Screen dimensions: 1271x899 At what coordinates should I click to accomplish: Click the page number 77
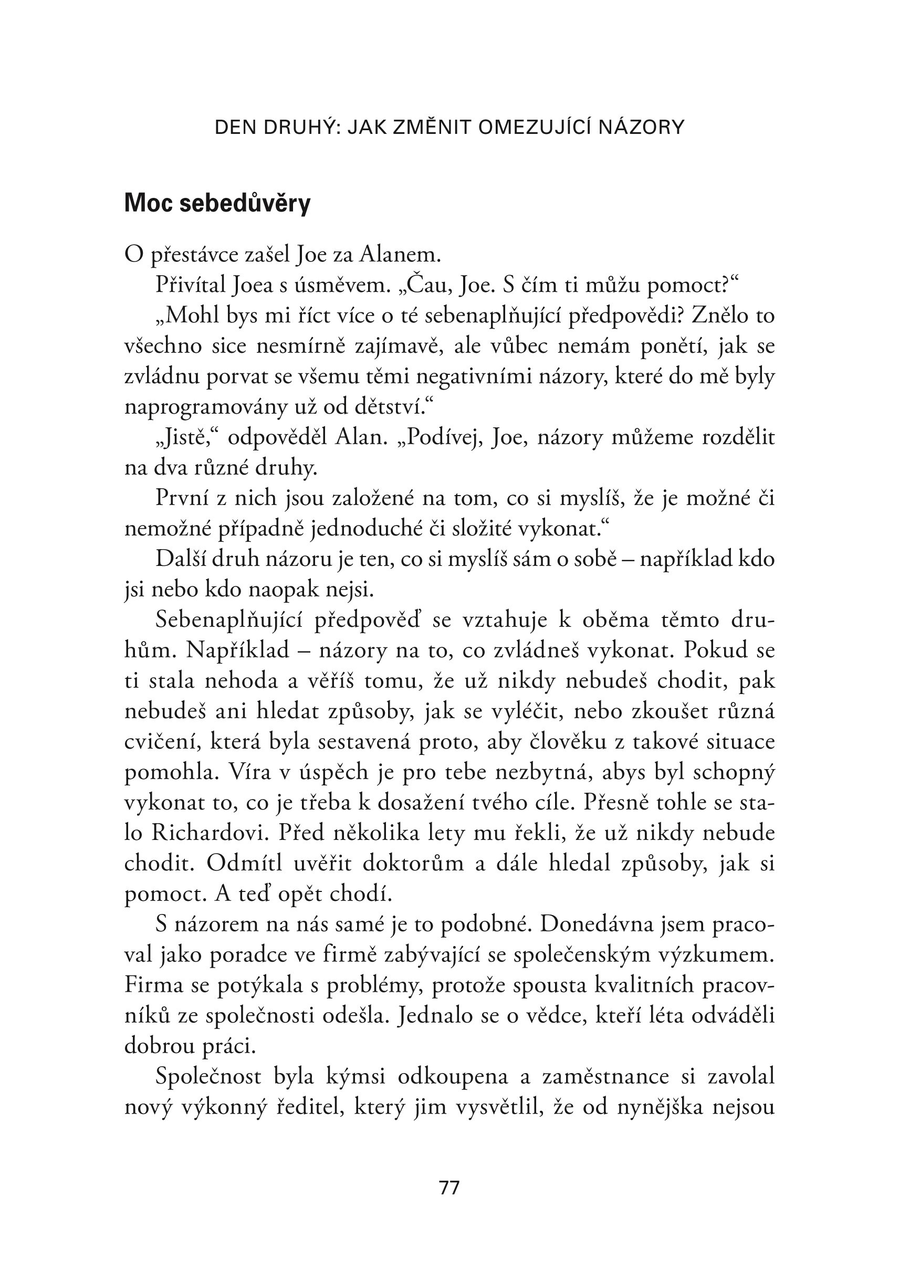[449, 1188]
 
